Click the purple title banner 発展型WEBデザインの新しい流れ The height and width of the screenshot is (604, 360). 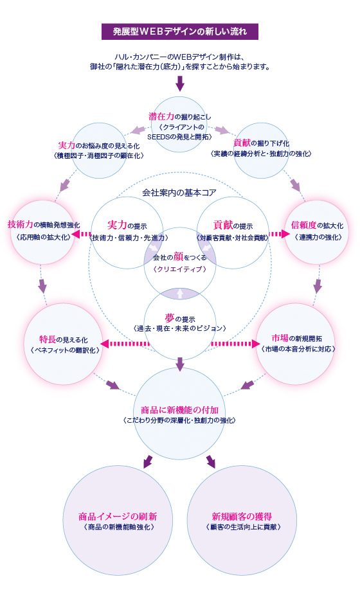tap(179, 31)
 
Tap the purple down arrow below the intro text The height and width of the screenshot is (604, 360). tap(180, 82)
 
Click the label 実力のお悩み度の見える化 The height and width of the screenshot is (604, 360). tap(102, 145)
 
